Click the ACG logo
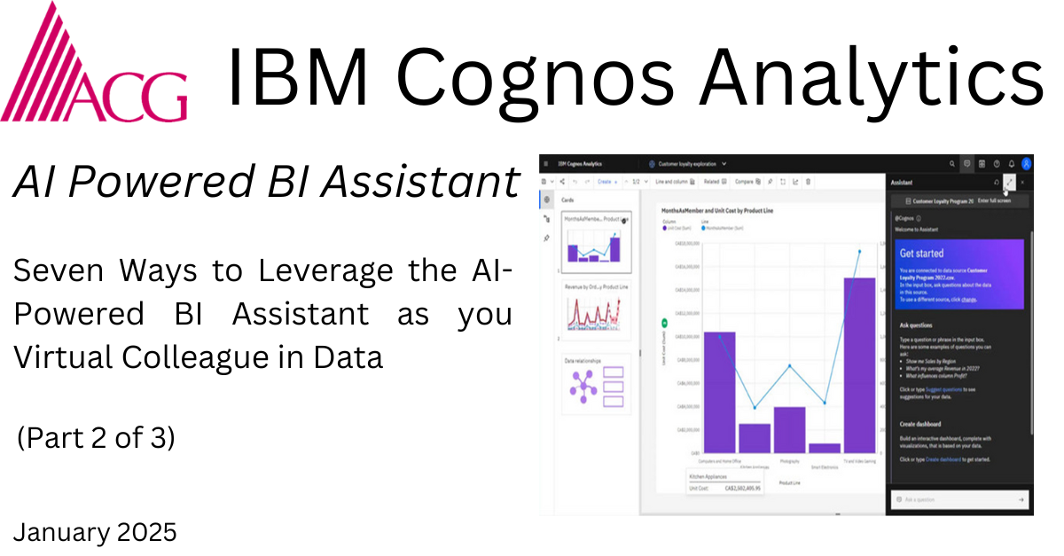tap(93, 67)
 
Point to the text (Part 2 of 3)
tap(97, 438)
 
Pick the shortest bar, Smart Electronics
tap(824, 448)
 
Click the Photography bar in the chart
tap(789, 430)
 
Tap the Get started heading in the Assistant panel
tap(922, 254)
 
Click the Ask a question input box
tap(958, 500)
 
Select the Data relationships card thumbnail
tap(597, 384)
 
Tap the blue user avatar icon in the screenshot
tap(1026, 163)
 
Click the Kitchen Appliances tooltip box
tap(724, 482)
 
